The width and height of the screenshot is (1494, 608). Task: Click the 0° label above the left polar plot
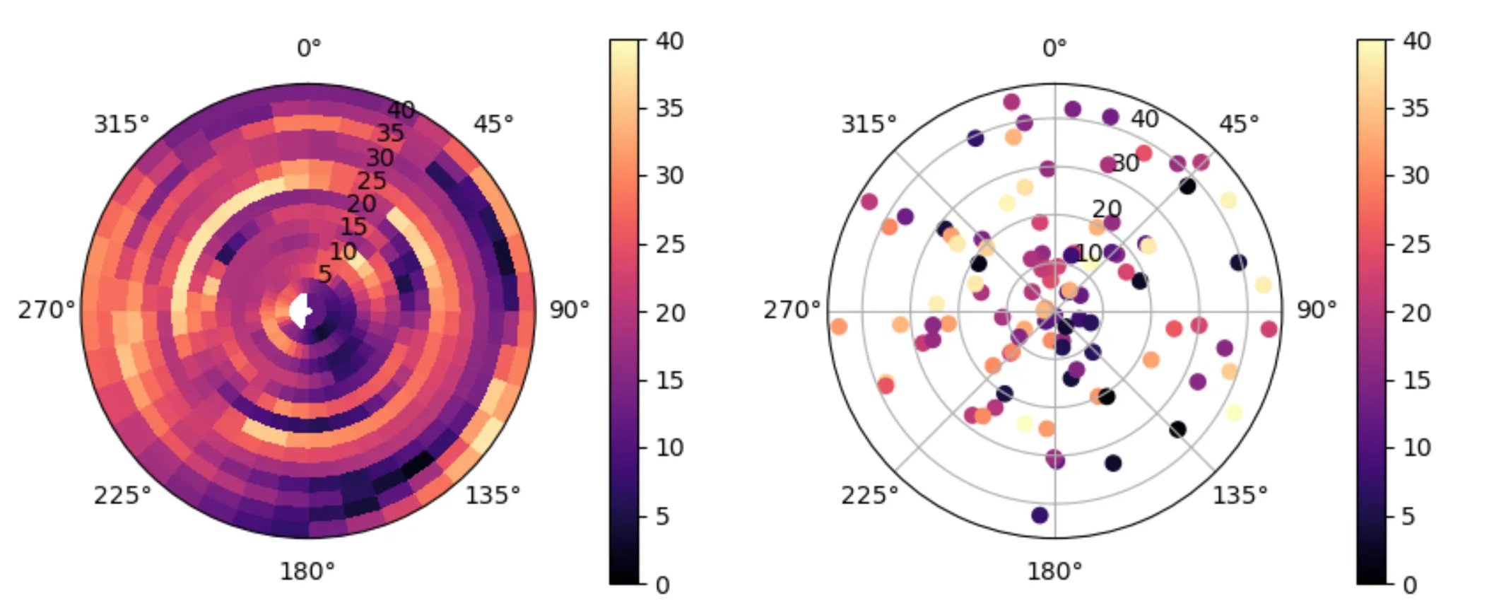point(309,48)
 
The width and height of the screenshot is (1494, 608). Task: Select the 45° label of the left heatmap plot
point(493,124)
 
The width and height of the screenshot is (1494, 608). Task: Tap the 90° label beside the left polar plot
point(569,310)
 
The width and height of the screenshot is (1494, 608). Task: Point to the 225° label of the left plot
point(122,495)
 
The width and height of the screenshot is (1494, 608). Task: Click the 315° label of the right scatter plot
point(869,124)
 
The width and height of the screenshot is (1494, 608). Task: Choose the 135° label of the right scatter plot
point(1240,495)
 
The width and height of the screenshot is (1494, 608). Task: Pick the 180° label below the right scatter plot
point(1054,571)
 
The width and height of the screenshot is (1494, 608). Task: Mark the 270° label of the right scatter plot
point(792,310)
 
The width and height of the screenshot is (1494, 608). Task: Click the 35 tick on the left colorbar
point(669,108)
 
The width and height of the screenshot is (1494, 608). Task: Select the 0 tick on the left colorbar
point(662,585)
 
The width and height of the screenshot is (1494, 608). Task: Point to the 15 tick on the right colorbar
point(1416,380)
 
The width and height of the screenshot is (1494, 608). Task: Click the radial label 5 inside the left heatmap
point(324,274)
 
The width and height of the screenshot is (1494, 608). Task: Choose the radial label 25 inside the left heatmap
point(372,181)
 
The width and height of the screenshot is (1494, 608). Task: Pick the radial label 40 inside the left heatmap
point(401,110)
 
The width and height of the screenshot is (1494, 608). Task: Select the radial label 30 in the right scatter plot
point(1125,163)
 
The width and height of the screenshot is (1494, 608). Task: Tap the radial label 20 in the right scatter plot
point(1107,209)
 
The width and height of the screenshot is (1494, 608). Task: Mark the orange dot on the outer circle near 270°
point(839,327)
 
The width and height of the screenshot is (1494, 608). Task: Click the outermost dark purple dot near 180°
point(1040,515)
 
